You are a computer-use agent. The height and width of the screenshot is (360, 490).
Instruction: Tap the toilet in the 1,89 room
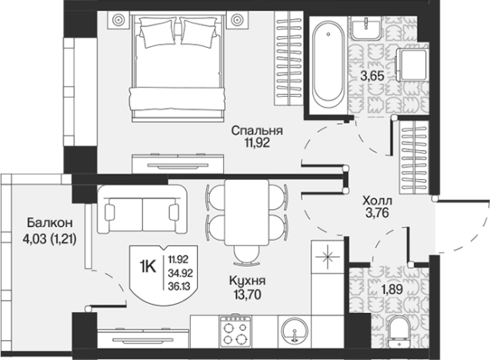(400, 332)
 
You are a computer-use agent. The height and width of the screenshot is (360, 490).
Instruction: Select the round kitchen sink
(295, 331)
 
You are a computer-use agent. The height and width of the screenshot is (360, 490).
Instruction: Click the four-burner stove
(235, 332)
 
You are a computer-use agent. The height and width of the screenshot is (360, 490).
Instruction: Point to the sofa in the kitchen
(142, 209)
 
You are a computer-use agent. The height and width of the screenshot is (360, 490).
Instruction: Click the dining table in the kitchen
(247, 212)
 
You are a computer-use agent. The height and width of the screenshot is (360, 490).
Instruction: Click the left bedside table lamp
(119, 20)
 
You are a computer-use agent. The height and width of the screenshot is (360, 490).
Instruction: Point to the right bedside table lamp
(237, 20)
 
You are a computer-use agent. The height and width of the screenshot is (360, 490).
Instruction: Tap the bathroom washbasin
(366, 28)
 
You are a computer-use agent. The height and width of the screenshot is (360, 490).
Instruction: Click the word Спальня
(257, 131)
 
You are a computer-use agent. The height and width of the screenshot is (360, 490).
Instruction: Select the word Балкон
(50, 223)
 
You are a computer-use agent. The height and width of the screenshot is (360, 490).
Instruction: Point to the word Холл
(377, 200)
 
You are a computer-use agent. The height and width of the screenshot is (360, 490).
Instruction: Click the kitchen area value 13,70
(248, 295)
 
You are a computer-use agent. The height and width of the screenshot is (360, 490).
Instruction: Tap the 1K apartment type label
(148, 267)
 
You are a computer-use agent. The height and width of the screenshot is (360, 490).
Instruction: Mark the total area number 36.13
(179, 286)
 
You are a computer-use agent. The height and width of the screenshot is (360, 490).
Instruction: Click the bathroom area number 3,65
(372, 76)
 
